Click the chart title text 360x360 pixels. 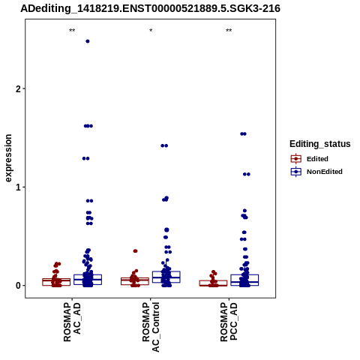click(x=150, y=8)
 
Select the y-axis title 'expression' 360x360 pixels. click(x=8, y=158)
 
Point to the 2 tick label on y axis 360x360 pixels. click(x=18, y=88)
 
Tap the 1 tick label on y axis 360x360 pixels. click(x=18, y=187)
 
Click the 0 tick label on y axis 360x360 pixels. click(x=18, y=286)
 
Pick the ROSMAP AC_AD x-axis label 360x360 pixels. click(x=72, y=322)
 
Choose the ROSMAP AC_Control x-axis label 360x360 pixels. click(x=151, y=327)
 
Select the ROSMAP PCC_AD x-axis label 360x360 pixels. click(x=229, y=322)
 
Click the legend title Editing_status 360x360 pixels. click(x=320, y=144)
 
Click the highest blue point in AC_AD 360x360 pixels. click(x=88, y=41)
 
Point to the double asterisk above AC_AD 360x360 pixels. click(x=72, y=31)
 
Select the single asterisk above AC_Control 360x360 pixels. click(x=151, y=31)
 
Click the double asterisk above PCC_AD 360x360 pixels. click(x=229, y=31)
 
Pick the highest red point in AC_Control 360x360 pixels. click(x=135, y=251)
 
